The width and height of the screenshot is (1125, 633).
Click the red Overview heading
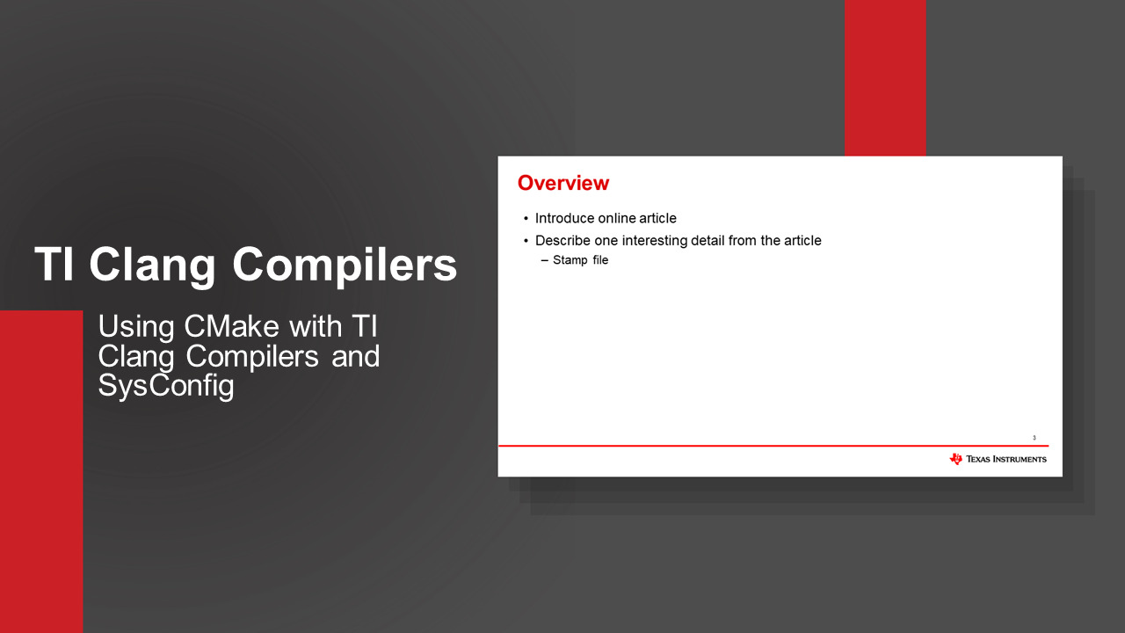(x=563, y=183)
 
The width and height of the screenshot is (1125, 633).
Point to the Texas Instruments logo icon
(x=955, y=459)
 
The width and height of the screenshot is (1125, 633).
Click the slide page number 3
(x=1034, y=438)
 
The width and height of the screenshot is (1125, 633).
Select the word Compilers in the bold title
(x=345, y=266)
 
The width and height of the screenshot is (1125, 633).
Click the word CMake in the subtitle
(x=231, y=326)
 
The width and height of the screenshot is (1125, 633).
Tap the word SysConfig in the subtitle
(x=166, y=386)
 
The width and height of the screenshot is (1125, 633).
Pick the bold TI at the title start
(x=54, y=265)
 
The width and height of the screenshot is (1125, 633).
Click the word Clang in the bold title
(x=153, y=266)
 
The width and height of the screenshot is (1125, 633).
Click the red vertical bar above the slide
(x=885, y=78)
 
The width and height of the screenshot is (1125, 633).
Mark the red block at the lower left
(x=41, y=472)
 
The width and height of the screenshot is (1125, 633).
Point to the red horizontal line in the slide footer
(x=773, y=446)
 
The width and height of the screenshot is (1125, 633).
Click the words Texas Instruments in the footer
(x=1006, y=459)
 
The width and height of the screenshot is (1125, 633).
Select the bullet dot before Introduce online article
(x=526, y=219)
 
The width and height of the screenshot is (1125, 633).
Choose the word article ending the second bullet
(x=802, y=241)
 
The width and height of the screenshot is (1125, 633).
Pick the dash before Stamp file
(x=544, y=260)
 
